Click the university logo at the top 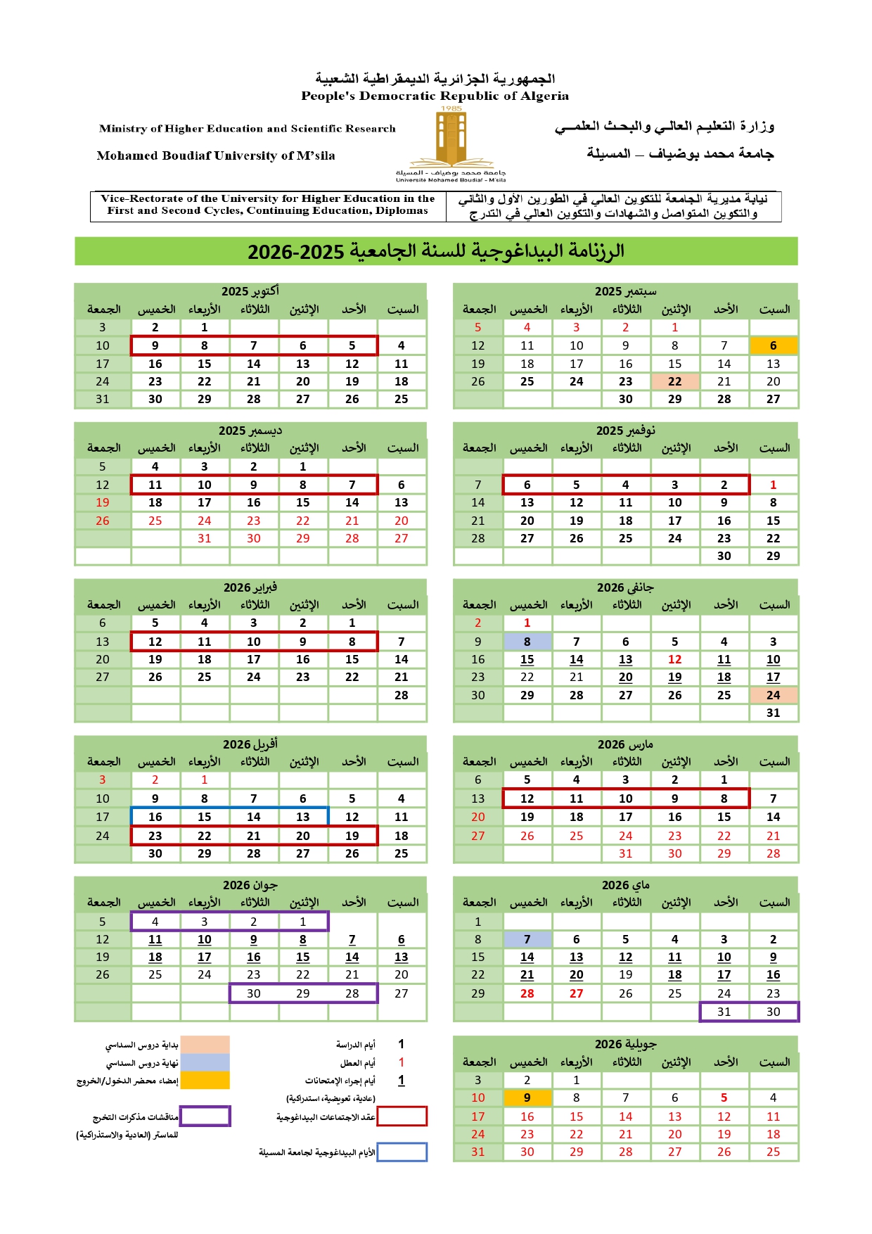451,144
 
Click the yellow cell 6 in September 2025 773,345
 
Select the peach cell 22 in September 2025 674,381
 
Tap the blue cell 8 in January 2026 527,642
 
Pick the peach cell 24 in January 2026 773,695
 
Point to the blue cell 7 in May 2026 527,939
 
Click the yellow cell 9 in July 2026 527,1098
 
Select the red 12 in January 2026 674,659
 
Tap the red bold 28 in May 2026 527,993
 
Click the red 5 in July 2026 724,1098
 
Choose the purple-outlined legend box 205,1116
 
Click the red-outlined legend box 402,1116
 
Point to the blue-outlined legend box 402,1152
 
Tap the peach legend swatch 205,1044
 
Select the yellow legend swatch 205,1080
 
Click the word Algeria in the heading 542,96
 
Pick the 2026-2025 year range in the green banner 295,251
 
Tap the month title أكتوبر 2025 250,291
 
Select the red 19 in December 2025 103,502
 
